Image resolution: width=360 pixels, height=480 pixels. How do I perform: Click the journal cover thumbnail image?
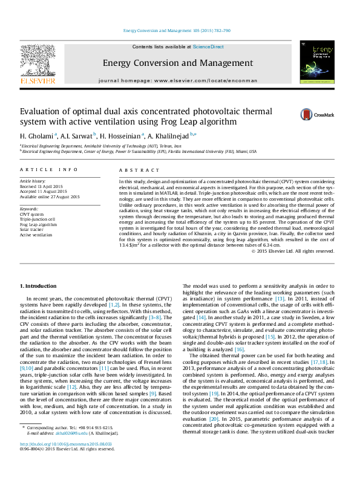[317, 62]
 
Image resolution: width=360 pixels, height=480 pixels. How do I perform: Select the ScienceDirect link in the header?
[208, 47]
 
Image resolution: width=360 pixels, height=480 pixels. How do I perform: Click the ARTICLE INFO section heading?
[48, 170]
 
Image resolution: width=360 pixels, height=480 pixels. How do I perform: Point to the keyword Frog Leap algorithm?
[38, 224]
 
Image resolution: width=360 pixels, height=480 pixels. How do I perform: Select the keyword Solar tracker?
[32, 229]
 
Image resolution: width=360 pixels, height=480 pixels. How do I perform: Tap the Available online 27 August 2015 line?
[50, 196]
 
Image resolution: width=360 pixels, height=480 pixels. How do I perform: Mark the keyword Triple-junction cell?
[38, 219]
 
